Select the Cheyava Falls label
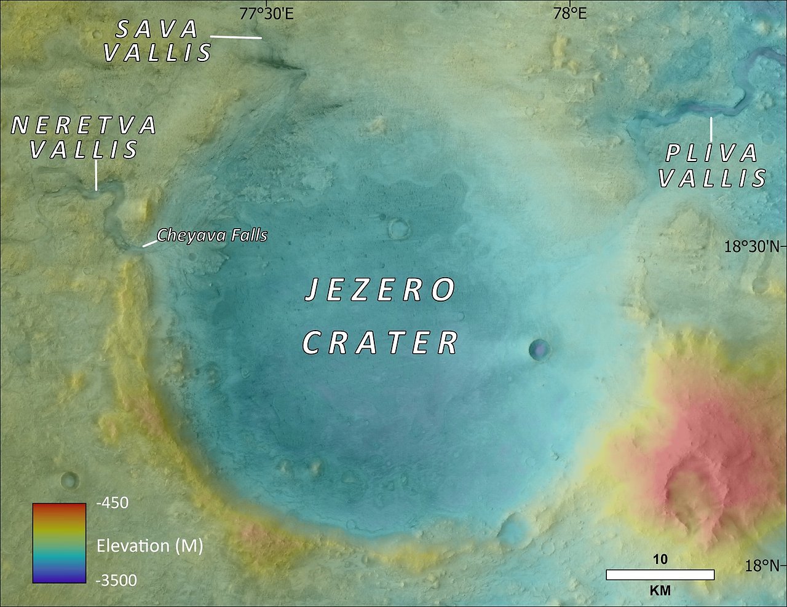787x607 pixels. (212, 235)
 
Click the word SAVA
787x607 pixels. (157, 29)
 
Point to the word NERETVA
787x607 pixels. (84, 126)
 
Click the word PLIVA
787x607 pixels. (712, 154)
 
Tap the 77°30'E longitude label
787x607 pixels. (267, 13)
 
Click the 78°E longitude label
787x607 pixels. (570, 13)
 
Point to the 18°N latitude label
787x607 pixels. (762, 565)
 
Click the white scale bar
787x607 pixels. (660, 575)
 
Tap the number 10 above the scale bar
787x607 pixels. (660, 559)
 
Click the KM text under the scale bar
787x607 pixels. (660, 591)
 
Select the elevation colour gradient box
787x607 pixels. (59, 542)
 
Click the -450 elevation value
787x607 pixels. (113, 503)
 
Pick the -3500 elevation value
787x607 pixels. (117, 580)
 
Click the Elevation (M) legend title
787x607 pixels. (149, 546)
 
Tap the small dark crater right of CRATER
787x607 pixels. (539, 350)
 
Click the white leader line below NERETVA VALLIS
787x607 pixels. (96, 176)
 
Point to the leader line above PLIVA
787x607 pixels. (711, 129)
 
